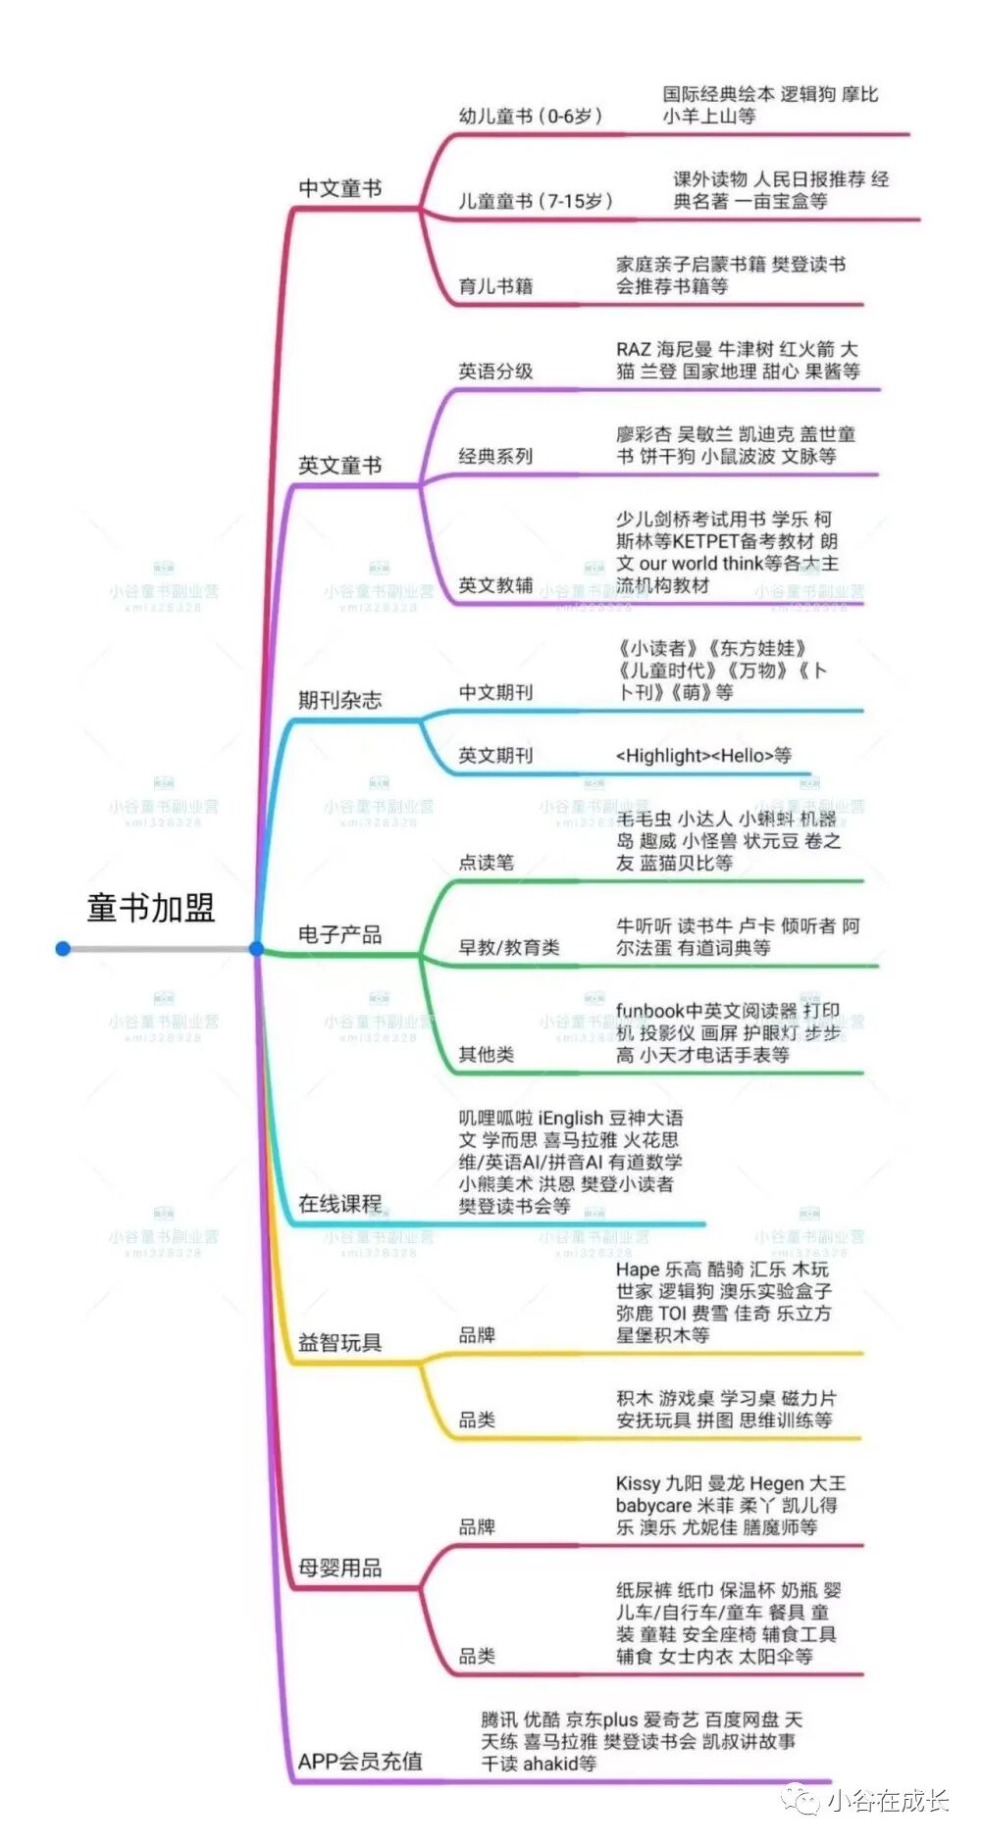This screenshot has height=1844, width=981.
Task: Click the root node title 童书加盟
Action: click(150, 908)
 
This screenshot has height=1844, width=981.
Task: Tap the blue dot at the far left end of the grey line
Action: click(63, 948)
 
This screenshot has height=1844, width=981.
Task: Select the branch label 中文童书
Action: click(339, 188)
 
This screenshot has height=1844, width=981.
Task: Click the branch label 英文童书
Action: click(339, 466)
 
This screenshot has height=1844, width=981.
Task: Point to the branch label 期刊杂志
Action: click(339, 700)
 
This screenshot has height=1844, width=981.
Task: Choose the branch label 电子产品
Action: click(339, 934)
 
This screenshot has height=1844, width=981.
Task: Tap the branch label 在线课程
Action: click(339, 1203)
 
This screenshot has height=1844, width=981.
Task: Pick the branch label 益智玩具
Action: click(339, 1342)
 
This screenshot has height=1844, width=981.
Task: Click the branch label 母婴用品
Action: click(339, 1568)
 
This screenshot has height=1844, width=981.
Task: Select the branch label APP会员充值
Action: click(360, 1761)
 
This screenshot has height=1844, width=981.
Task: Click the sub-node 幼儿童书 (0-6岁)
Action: click(530, 116)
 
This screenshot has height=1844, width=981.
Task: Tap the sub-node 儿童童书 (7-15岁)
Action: click(536, 201)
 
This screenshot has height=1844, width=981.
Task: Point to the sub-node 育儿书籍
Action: click(495, 286)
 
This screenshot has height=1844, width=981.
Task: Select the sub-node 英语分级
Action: click(495, 372)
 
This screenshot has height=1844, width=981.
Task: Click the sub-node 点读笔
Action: click(486, 863)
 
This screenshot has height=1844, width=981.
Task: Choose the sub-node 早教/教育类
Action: click(509, 947)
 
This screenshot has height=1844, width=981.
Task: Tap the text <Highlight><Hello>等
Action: click(703, 755)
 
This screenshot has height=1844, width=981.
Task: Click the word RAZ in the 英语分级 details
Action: click(633, 350)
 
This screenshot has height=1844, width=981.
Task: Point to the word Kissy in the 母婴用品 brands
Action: click(638, 1483)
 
